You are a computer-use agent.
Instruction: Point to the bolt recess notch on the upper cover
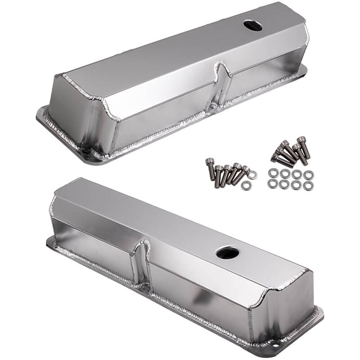(220, 85)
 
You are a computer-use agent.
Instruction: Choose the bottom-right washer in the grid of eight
(308, 185)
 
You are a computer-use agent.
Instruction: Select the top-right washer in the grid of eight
(308, 174)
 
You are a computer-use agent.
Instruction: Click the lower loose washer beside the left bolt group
(246, 185)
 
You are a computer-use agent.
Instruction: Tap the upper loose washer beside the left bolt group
(252, 174)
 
